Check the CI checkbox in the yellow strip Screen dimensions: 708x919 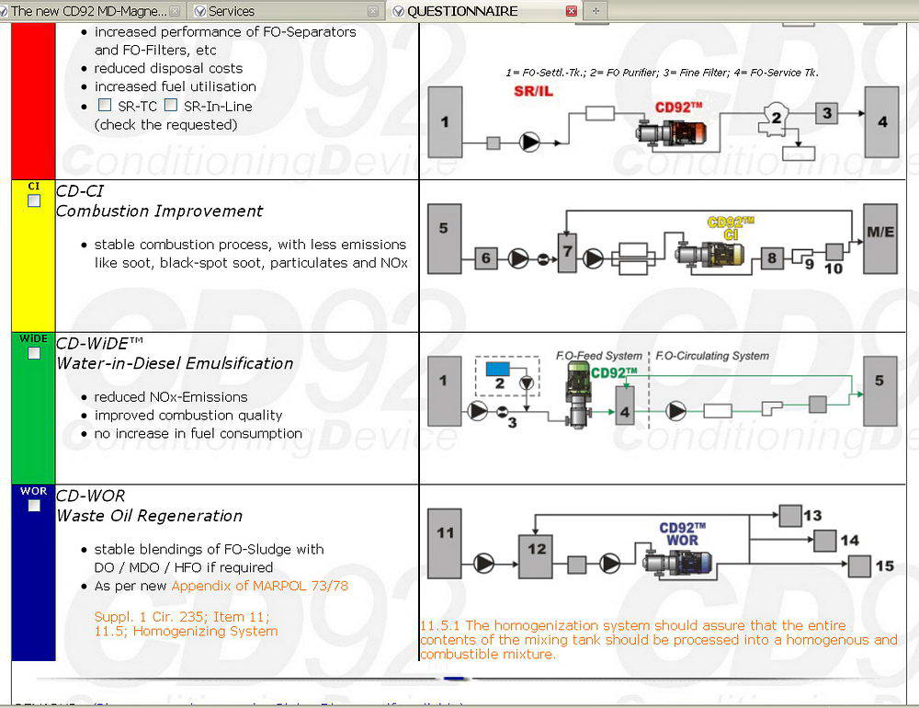coord(34,200)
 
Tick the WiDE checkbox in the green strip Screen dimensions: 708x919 coord(34,353)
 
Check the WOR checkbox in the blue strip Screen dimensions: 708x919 coord(34,506)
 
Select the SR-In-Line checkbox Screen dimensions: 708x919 coord(170,106)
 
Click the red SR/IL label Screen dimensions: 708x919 coord(533,91)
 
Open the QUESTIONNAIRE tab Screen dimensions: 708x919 coord(462,11)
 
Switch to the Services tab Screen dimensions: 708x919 coord(232,11)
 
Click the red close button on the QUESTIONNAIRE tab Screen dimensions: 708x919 coord(572,11)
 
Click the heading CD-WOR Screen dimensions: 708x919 coord(90,497)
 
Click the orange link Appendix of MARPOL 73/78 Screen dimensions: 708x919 coord(259,586)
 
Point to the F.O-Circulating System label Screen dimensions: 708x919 coord(712,356)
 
